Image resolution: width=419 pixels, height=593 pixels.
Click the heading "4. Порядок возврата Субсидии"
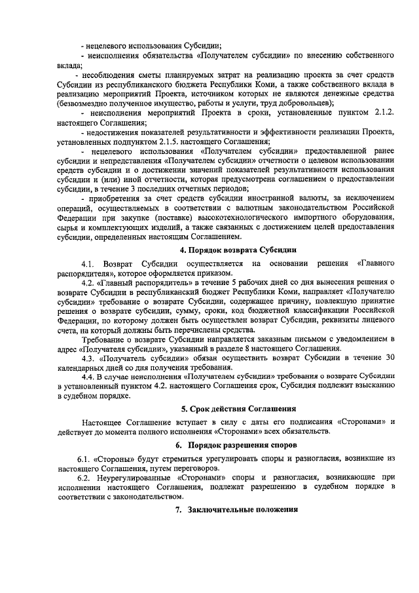tap(238, 250)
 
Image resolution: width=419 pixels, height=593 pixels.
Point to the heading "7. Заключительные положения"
tap(240, 509)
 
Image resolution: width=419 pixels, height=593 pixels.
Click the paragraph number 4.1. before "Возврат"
tap(90, 263)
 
